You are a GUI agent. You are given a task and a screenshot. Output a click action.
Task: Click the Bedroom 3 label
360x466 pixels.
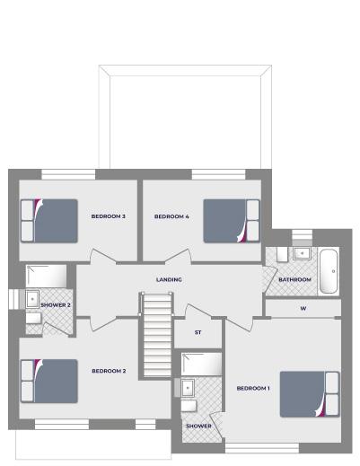(108, 216)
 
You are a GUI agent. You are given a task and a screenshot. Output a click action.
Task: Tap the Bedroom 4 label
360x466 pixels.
(171, 216)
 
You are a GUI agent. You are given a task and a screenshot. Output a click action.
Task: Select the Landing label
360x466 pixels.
(169, 279)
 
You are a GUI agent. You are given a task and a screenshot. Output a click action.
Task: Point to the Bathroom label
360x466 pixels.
(294, 279)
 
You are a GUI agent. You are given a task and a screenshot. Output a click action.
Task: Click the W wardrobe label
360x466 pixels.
(303, 308)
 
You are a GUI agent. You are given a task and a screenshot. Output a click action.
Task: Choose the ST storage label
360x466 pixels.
(198, 332)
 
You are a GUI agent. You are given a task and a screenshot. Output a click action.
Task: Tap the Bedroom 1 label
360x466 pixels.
(253, 389)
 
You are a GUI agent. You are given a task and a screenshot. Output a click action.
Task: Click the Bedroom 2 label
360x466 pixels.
(109, 371)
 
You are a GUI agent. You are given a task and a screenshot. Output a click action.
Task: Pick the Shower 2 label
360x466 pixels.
(56, 305)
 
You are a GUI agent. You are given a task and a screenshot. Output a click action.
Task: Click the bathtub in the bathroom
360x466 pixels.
(329, 271)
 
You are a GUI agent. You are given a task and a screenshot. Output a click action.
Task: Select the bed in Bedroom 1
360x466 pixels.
(310, 394)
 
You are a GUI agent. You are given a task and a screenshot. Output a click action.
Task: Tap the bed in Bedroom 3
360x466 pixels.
(49, 221)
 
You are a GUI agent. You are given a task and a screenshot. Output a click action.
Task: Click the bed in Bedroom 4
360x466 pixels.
(232, 221)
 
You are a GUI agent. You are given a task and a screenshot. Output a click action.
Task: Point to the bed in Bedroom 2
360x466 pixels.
(49, 381)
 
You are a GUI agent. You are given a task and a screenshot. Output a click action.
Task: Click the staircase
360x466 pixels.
(157, 335)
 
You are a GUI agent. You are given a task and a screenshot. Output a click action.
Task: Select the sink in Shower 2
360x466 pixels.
(32, 299)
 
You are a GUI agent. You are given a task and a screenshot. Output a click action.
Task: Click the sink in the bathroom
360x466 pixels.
(302, 254)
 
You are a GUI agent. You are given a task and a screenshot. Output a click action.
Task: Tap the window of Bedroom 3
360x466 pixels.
(68, 174)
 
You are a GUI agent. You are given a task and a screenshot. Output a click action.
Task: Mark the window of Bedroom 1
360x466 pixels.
(262, 448)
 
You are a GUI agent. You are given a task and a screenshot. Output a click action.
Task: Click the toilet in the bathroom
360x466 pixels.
(282, 255)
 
